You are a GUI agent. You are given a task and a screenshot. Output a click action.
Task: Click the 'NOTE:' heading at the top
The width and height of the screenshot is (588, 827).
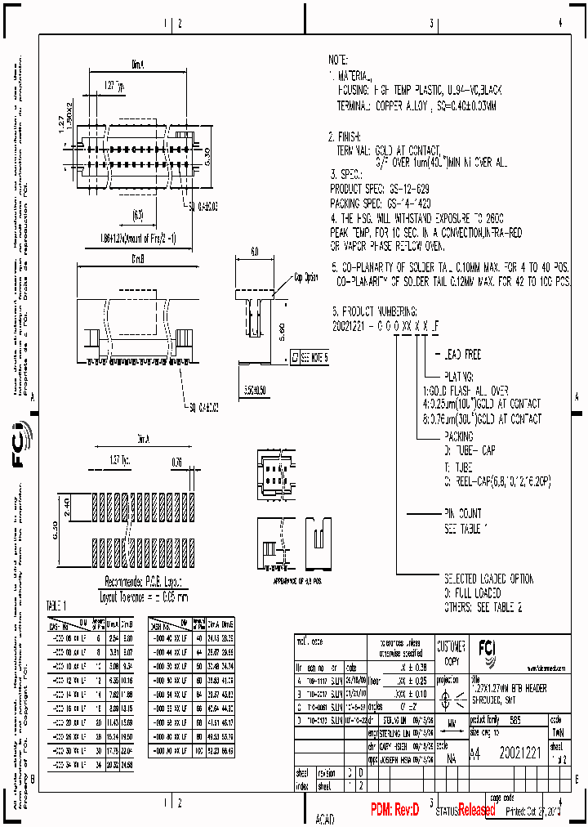(x=338, y=60)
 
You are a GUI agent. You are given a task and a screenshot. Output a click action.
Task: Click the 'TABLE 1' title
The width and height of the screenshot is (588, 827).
(x=58, y=606)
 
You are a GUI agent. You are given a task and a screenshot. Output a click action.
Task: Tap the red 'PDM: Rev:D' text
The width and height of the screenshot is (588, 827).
(x=394, y=810)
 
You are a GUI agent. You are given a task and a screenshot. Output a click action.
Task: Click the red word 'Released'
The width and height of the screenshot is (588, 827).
(x=476, y=811)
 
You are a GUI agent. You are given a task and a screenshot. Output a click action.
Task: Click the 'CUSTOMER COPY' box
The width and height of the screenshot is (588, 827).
(x=451, y=652)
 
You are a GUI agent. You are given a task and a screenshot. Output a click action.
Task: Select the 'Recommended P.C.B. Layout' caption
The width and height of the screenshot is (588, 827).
(x=144, y=583)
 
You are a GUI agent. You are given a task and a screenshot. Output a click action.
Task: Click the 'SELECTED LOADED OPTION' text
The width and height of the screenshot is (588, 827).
(x=488, y=579)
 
